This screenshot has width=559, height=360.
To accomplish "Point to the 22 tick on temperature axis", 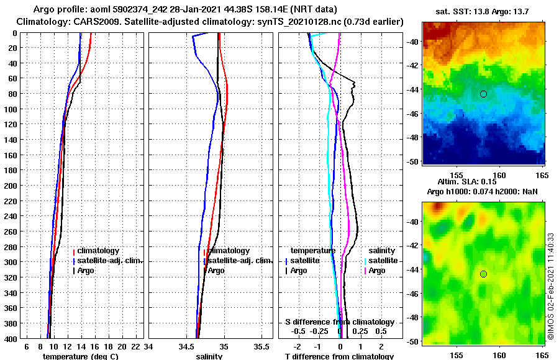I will click(x=135, y=346).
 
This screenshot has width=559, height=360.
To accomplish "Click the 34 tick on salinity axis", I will click(x=149, y=346).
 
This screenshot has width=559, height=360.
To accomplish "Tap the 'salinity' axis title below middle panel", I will click(x=209, y=356).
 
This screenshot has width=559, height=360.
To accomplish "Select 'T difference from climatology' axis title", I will click(x=339, y=356).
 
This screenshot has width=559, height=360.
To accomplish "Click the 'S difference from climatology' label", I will click(x=339, y=322).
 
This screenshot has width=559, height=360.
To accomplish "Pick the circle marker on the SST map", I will click(x=483, y=94).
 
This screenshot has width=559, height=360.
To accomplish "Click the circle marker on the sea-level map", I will click(x=483, y=274).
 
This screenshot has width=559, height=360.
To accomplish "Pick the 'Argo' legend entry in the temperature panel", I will click(x=86, y=271).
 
